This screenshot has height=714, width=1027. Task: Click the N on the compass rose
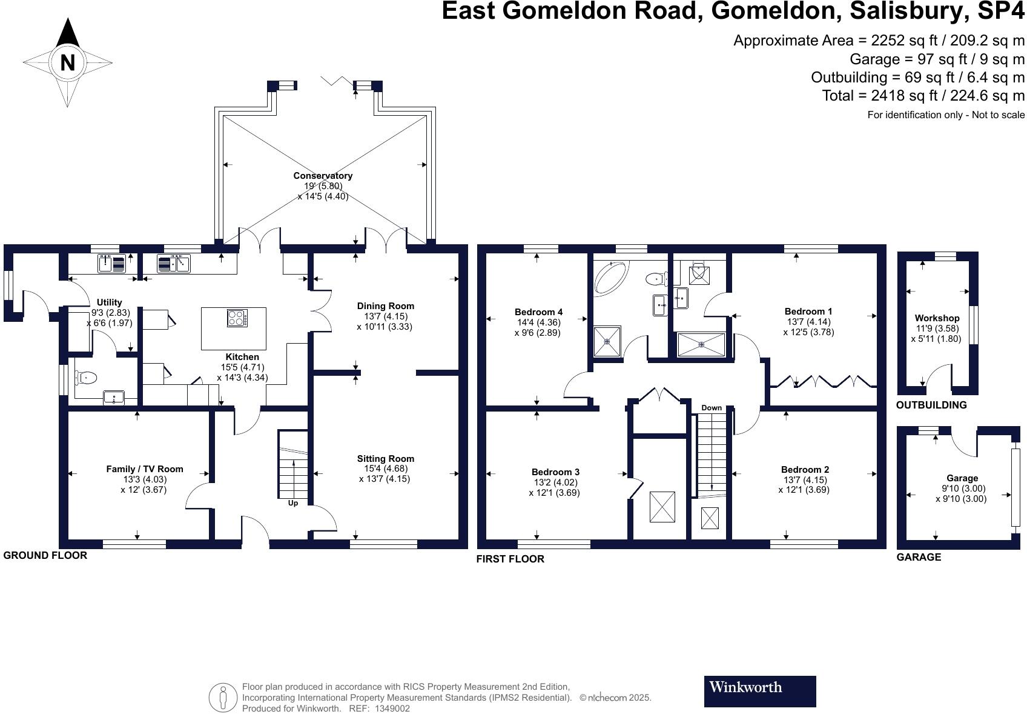tap(67, 62)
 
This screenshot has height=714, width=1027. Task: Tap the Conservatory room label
tap(323, 176)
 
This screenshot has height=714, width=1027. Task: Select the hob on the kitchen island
tap(237, 318)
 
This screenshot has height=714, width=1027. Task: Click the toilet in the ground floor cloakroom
tap(85, 378)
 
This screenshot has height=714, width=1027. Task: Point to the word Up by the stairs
tap(292, 503)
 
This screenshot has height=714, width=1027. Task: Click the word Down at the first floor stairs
tap(712, 407)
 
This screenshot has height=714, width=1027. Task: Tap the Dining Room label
tap(385, 306)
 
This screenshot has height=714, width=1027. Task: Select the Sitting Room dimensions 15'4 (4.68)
tap(385, 469)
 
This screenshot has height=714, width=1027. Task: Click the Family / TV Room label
tap(144, 469)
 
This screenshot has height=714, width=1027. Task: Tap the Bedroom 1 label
tap(808, 312)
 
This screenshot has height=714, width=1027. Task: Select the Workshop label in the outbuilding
tap(937, 318)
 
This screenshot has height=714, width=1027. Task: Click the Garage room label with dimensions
tap(962, 478)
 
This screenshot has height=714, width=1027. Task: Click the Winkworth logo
tap(759, 691)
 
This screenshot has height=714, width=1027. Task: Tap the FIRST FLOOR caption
tap(510, 559)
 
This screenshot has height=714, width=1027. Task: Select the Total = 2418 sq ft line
tap(923, 96)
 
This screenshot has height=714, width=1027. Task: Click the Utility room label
tap(109, 302)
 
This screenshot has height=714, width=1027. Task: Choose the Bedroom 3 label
tap(555, 472)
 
